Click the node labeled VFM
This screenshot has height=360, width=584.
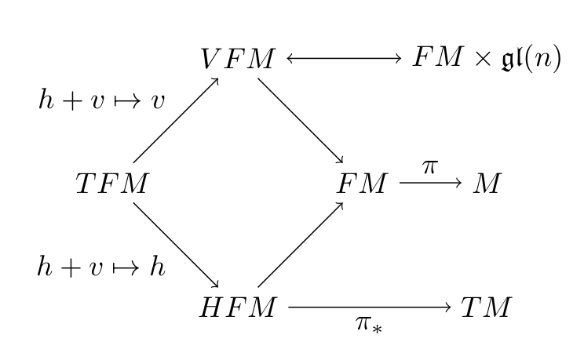pos(237,60)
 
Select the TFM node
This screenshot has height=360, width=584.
pos(111,184)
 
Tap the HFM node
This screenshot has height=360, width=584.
pos(237,308)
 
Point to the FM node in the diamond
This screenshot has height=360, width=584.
pos(363,184)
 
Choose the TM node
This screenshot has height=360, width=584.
pos(486,308)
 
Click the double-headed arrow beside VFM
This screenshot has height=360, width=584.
pos(344,60)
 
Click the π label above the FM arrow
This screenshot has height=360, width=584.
pos(429,166)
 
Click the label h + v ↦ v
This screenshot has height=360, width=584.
pos(102,100)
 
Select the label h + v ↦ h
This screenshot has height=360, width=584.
pos(102,267)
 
